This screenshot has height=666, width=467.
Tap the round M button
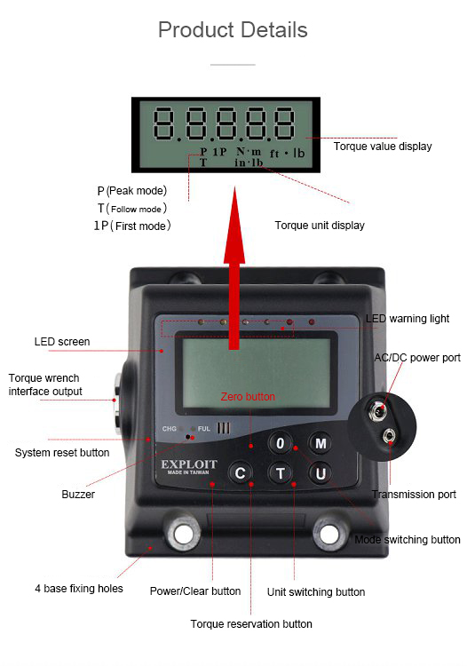[321, 443]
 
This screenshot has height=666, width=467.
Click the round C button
[240, 472]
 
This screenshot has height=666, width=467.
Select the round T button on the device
[281, 472]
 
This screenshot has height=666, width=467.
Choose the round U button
[321, 473]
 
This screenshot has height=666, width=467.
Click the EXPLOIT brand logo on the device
[189, 466]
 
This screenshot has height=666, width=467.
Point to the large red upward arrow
[234, 268]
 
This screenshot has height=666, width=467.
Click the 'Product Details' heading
[233, 30]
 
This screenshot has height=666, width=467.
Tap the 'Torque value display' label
[383, 147]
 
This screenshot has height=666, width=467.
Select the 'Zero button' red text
[248, 397]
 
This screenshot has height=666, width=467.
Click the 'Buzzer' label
[78, 495]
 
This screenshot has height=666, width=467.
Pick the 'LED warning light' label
[408, 319]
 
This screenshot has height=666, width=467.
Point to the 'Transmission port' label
[414, 495]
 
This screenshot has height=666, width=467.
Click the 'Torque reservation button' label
[251, 624]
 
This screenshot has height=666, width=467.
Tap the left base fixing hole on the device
[183, 534]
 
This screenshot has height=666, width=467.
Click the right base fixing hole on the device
[329, 534]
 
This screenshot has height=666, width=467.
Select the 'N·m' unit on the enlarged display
[249, 152]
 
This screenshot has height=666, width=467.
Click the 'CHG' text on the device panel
[169, 429]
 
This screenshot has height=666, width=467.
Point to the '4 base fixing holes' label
[79, 589]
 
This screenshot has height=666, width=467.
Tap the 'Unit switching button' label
[316, 592]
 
